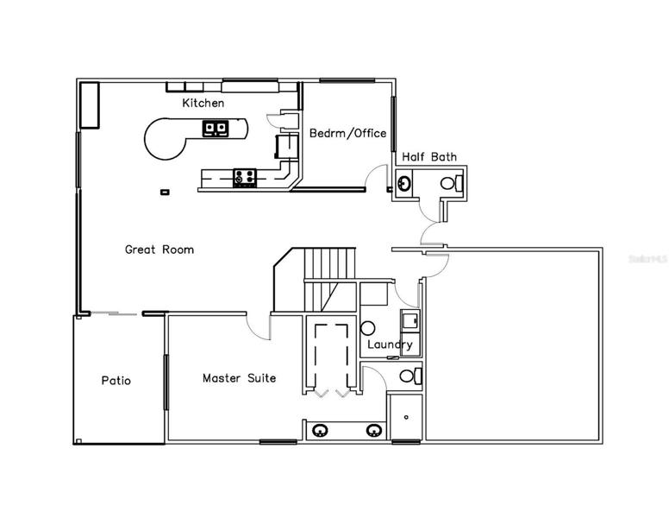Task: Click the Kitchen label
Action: [x=203, y=103]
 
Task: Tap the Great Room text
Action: [x=159, y=250]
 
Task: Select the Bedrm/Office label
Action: [x=347, y=133]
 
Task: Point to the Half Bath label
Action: [x=429, y=157]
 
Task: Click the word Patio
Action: [x=116, y=381]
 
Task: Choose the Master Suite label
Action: [x=240, y=378]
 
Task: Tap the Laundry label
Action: [x=390, y=345]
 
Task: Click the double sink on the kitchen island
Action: [x=215, y=129]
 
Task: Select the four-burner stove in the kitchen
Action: [x=245, y=178]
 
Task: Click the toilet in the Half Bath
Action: [x=452, y=183]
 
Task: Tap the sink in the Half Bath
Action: [x=403, y=184]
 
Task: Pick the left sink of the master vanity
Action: [x=320, y=431]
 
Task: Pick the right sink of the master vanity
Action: [x=374, y=431]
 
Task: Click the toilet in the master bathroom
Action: [x=411, y=376]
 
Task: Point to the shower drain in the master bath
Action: [x=406, y=417]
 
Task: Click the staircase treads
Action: [x=330, y=263]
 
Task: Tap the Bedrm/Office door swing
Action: [x=376, y=176]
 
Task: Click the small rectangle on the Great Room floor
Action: [x=165, y=193]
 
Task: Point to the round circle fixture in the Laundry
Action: [x=367, y=328]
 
